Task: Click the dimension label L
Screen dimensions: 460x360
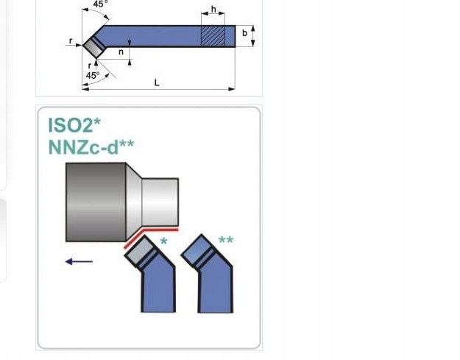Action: click(x=157, y=82)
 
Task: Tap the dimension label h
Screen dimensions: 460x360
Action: click(x=213, y=10)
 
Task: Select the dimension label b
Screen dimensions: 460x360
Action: click(x=244, y=33)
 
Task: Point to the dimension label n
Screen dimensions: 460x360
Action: click(x=121, y=52)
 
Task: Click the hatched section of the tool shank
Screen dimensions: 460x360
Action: click(x=213, y=36)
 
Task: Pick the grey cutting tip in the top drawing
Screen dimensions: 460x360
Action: click(x=94, y=48)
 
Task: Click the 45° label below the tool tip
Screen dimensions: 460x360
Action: click(x=93, y=76)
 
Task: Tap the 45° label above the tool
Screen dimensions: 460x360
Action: click(x=100, y=4)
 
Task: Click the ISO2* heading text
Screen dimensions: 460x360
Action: click(x=74, y=125)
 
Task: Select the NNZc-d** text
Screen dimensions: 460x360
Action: click(x=91, y=147)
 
